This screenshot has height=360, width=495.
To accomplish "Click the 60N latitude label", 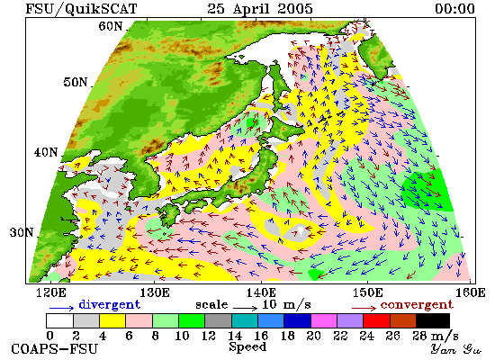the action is pos(111,26).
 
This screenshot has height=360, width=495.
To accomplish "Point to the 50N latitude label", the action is pos(76,82).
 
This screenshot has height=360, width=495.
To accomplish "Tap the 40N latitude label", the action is pos(46,152).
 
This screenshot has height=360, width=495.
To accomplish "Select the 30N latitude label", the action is pos(22,232).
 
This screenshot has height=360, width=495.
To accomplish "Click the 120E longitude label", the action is pos(51,292).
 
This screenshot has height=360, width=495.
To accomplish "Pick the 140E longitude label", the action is pos(261,292).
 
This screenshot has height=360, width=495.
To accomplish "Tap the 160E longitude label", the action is pos(471,292).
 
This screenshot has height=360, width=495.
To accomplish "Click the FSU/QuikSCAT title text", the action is pos(81,8).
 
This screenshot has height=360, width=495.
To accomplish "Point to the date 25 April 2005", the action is pos(260,8).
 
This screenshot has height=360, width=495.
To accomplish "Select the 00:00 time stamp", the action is pos(454,8).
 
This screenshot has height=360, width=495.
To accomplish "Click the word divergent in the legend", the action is pos(109,304).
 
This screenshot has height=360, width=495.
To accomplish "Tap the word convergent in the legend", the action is pos(417,305).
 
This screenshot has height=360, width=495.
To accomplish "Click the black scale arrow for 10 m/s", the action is pos(246,307).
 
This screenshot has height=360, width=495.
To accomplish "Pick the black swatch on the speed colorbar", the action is pos(433,320).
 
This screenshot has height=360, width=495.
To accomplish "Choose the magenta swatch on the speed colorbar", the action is pos(324,320).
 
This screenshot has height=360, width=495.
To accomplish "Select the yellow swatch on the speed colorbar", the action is pos(112,320).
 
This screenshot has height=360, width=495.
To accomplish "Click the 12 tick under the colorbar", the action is pos(209,336).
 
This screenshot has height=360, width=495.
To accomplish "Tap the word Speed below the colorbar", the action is pos(247,346).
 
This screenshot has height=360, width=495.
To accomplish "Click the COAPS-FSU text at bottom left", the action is pos(54,349).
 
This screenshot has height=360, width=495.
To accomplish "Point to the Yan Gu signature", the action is pos(456,349).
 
